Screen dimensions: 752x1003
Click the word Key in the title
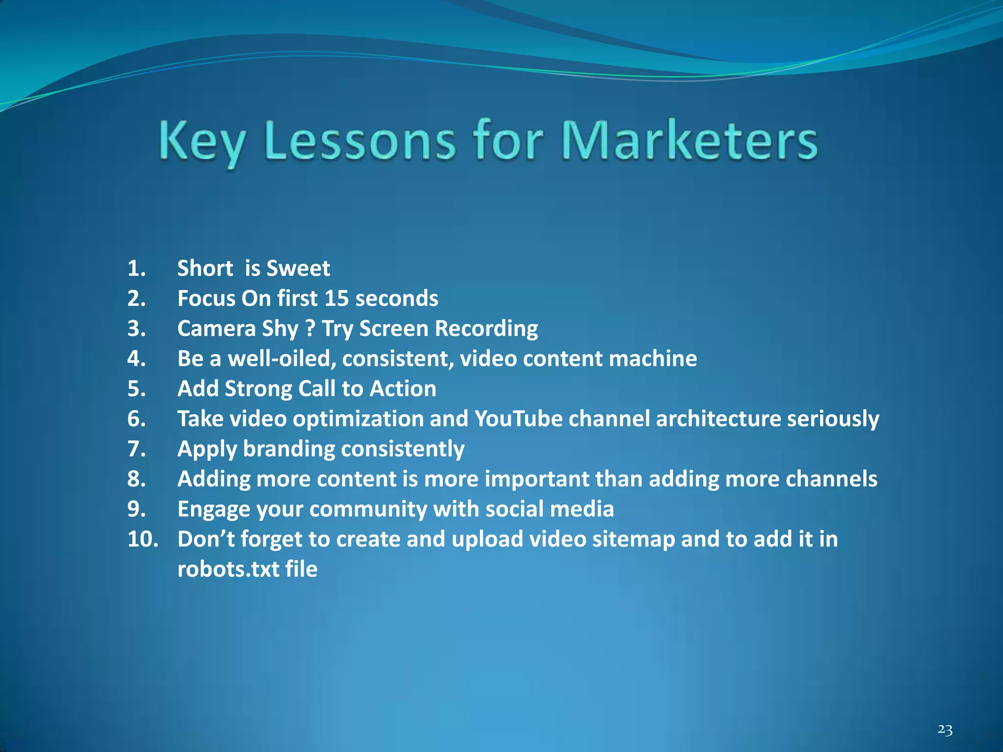pyautogui.click(x=201, y=141)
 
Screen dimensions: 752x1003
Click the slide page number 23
pyautogui.click(x=945, y=730)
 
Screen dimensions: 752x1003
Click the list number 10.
pyautogui.click(x=143, y=539)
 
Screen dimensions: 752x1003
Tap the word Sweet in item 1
pyautogui.click(x=298, y=268)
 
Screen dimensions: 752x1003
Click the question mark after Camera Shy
pyautogui.click(x=310, y=328)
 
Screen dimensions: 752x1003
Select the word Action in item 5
pyautogui.click(x=403, y=389)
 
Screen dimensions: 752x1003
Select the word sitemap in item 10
pyautogui.click(x=633, y=539)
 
